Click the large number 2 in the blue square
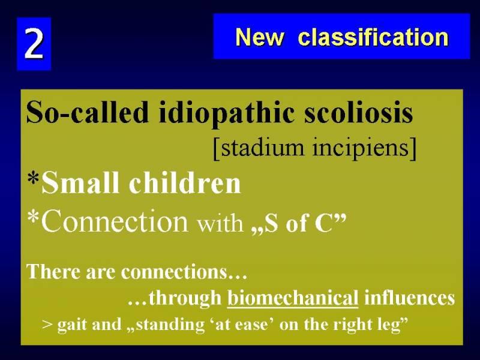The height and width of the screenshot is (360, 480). click(34, 43)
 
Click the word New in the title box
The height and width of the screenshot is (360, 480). click(260, 37)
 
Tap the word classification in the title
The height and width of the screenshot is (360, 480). click(373, 37)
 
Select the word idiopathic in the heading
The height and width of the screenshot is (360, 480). click(226, 113)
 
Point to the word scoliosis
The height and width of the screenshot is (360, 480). click(358, 112)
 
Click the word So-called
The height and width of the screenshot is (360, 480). click(87, 112)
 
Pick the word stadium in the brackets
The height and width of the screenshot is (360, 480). click(262, 147)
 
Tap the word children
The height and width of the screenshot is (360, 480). click(185, 183)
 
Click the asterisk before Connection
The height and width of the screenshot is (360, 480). click(33, 217)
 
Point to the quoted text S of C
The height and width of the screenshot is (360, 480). click(298, 223)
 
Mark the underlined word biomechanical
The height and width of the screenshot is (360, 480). click(293, 298)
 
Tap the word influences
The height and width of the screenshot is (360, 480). click(409, 297)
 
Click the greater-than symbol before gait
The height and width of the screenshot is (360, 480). click(47, 325)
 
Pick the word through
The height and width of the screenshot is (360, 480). click(185, 298)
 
